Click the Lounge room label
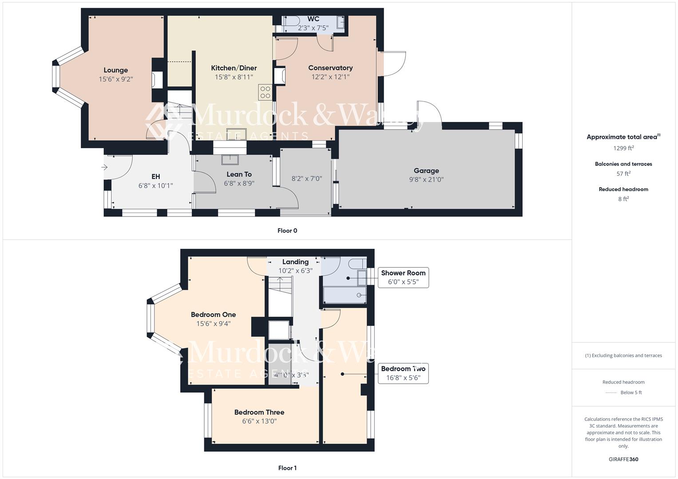point(116,70)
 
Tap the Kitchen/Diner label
point(234,68)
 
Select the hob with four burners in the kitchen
point(265,92)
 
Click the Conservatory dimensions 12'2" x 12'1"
point(330,77)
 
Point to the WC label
point(313,19)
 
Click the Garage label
point(426,171)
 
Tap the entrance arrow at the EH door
point(104,167)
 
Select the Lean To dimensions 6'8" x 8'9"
point(239,183)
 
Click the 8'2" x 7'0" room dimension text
point(306,179)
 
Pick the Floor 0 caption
point(287,231)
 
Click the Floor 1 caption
point(287,468)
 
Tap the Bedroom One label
point(213,314)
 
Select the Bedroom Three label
point(259,412)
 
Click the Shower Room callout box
point(403,278)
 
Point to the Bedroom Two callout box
point(403,373)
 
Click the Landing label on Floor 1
point(295,262)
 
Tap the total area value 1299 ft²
point(623,148)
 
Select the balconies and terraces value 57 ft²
point(623,173)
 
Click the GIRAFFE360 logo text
point(623,459)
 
